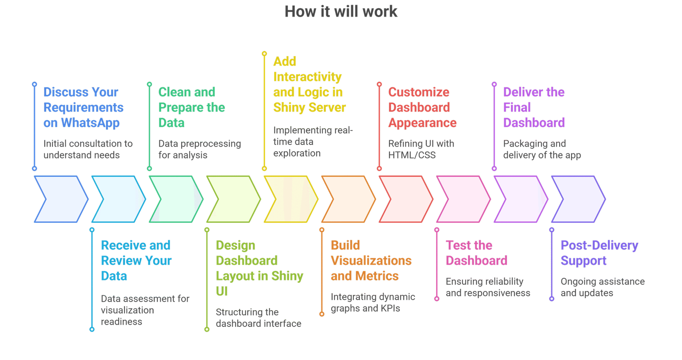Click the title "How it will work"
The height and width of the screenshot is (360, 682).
341,12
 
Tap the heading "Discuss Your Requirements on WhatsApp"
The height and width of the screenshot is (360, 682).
83,107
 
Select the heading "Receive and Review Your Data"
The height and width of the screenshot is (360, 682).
136,260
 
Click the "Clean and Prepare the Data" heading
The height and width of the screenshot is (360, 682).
191,107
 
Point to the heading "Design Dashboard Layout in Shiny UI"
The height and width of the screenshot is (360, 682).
259,268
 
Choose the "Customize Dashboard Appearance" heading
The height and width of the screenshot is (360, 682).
422,107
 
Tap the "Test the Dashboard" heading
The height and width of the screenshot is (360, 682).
477,253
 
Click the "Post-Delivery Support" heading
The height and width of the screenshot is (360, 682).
599,253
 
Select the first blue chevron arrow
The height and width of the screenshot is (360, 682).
60,199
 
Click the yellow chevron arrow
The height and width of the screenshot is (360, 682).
290,199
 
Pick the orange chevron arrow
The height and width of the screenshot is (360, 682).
348,199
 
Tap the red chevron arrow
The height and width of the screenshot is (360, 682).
405,199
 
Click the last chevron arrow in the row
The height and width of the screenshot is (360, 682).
578,199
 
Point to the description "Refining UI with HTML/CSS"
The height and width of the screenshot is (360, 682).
421,149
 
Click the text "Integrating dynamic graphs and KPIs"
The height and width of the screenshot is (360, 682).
373,302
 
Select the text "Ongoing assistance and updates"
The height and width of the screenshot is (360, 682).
602,287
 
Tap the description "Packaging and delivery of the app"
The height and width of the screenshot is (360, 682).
542,149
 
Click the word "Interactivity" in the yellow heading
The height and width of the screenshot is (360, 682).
307,77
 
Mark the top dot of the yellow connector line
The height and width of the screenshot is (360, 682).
264,54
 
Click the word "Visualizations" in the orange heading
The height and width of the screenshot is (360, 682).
371,261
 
